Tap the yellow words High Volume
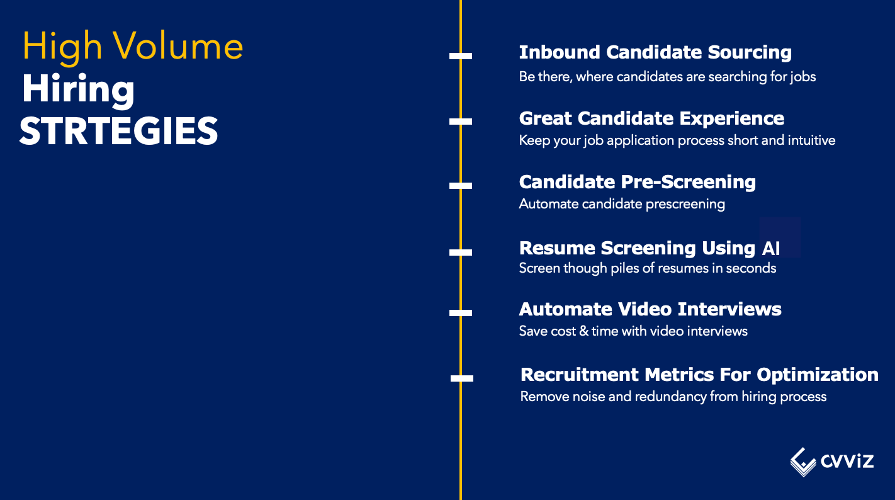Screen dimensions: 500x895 133,47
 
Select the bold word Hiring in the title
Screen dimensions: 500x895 78,89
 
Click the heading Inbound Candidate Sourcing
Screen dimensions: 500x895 655,52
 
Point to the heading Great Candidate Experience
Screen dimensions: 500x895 651,118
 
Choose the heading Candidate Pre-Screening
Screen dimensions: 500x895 637,182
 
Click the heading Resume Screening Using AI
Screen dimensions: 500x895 649,248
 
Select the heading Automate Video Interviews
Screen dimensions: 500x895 650,309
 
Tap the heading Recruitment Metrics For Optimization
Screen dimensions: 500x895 699,375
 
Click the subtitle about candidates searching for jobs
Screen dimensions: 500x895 667,77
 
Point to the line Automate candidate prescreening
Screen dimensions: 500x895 622,204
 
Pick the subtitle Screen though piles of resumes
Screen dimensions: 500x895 648,268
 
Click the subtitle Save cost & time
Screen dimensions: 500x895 633,331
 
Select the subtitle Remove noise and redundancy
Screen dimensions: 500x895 673,397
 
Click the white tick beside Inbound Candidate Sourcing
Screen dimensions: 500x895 461,56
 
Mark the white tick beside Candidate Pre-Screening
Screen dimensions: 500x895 461,186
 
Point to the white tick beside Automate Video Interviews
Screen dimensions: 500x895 461,312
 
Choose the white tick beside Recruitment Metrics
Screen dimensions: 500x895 462,378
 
